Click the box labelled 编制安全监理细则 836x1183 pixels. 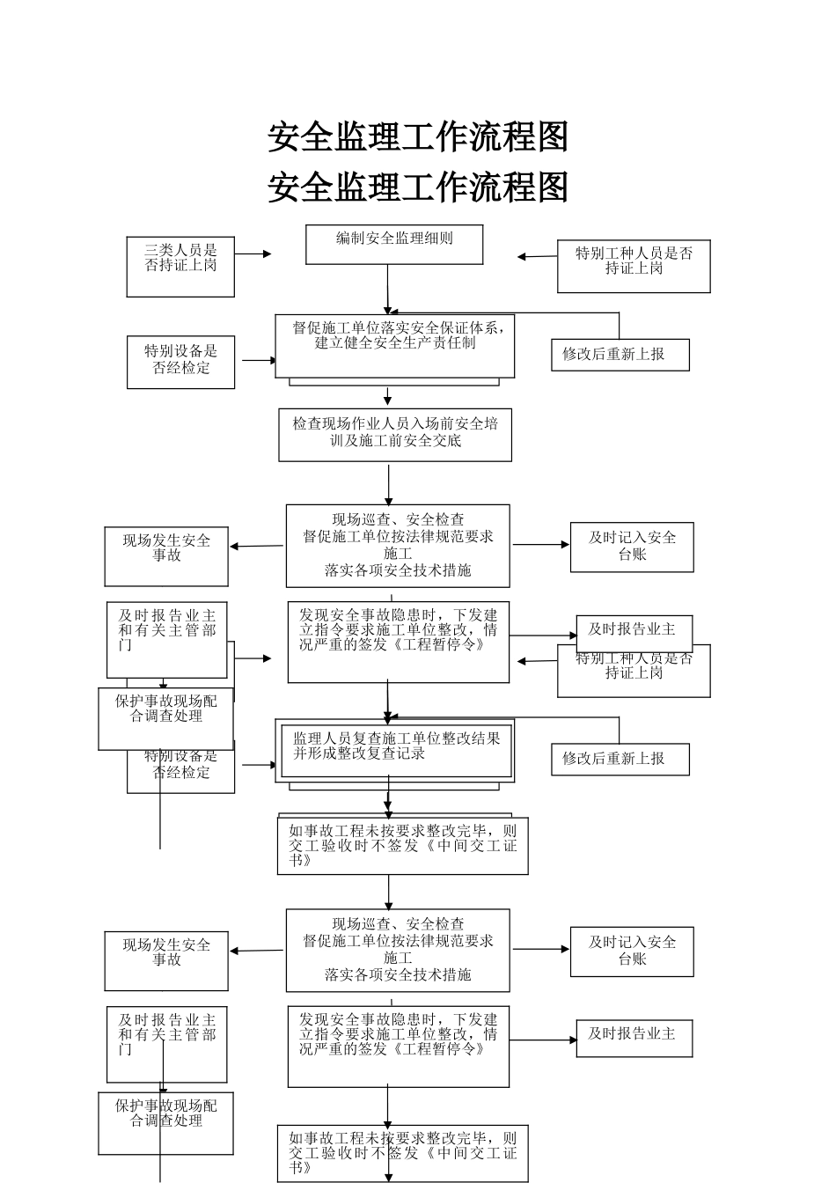394,245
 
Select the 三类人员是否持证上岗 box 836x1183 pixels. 180,266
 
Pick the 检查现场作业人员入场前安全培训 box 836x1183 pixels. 395,434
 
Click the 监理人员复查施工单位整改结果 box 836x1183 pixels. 395,751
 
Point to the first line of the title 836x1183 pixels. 418,137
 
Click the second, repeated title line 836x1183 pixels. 418,187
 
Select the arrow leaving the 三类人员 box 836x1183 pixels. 253,253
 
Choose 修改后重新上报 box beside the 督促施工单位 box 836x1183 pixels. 620,355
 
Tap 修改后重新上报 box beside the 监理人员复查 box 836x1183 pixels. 620,759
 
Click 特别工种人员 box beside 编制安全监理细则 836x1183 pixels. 634,266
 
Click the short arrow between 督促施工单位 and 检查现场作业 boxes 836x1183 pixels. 387,397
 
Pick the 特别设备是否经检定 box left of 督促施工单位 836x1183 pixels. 180,362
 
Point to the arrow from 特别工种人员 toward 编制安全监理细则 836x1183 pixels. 537,256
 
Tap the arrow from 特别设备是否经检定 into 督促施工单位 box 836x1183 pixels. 260,360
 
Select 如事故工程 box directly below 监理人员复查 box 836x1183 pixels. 402,845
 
